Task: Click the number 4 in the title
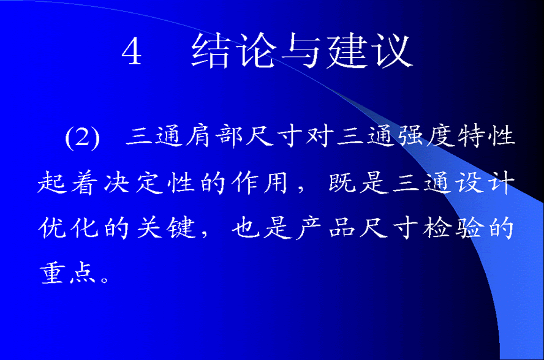click(132, 51)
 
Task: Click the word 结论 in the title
click(233, 50)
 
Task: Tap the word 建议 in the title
click(370, 50)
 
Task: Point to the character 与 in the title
click(301, 51)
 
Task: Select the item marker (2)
click(83, 137)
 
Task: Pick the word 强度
click(426, 135)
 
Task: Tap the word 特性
click(486, 135)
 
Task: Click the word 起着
click(66, 182)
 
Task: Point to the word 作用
click(260, 182)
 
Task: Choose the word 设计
click(486, 182)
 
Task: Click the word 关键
click(166, 228)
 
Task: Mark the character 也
click(246, 228)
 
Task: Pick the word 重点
click(67, 272)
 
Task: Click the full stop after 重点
click(104, 279)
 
